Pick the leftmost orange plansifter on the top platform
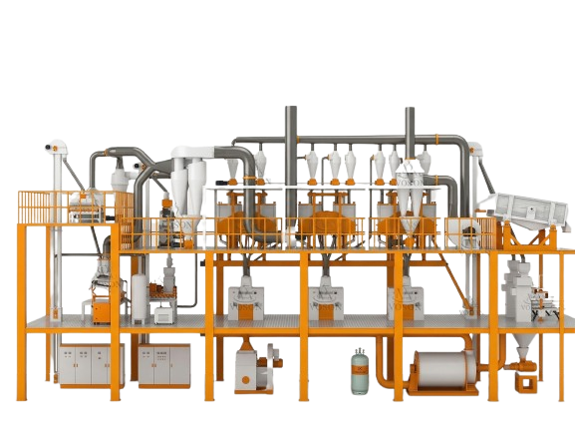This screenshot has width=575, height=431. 239,224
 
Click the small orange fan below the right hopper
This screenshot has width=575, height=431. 520,376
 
